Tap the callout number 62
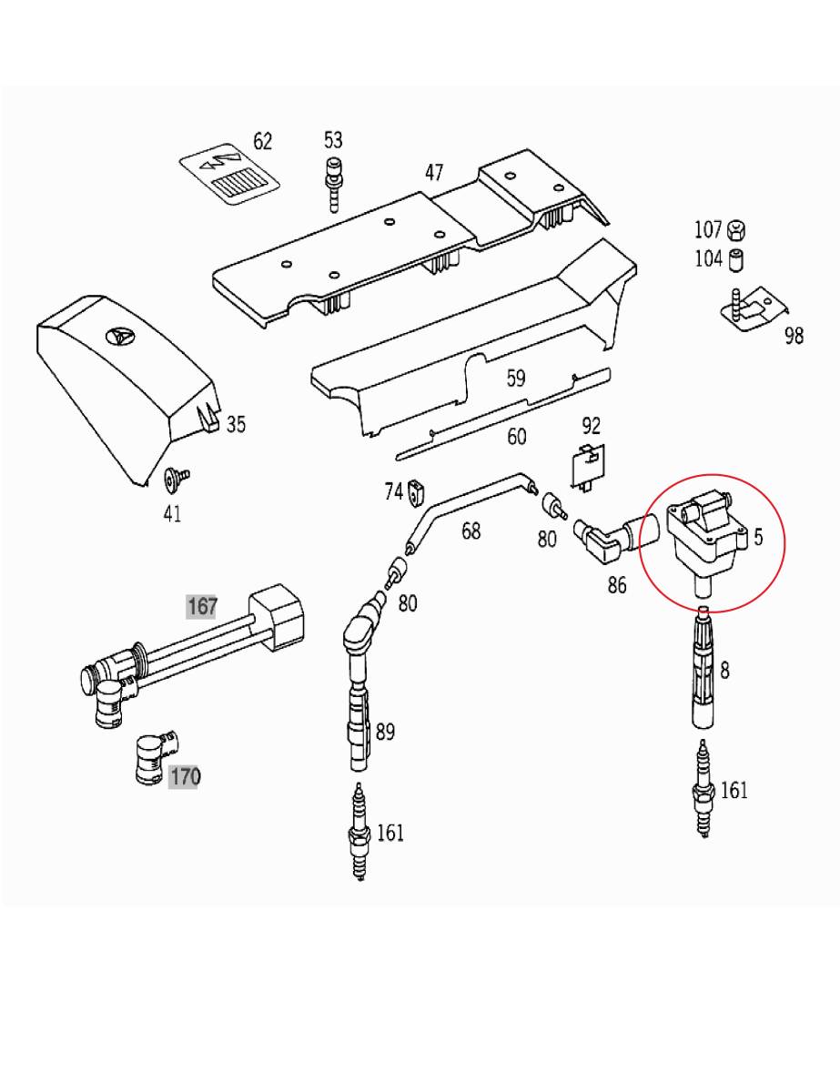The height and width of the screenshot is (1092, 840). tap(262, 141)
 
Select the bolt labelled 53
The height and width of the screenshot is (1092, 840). tap(332, 186)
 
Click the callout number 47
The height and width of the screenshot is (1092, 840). tap(434, 173)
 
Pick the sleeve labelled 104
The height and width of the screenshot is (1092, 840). tap(736, 259)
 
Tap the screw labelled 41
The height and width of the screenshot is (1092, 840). tap(176, 480)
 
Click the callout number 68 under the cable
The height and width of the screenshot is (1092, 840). tap(471, 531)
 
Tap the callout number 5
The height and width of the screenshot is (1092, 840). tap(759, 537)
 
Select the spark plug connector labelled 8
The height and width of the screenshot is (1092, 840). tap(703, 667)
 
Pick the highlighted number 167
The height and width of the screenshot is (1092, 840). tap(202, 606)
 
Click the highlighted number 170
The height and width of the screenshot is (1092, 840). tap(183, 777)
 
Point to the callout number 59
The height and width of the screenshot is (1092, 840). tap(515, 379)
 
